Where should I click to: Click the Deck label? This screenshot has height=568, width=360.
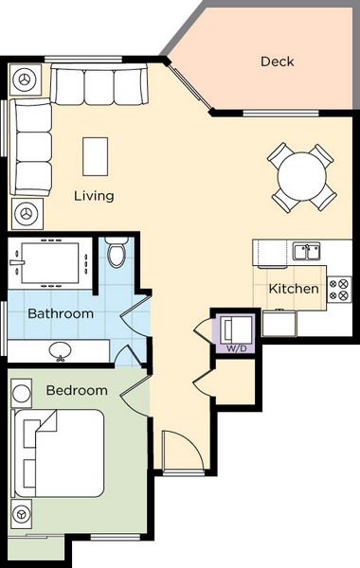(277, 62)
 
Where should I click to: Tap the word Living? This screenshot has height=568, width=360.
(94, 196)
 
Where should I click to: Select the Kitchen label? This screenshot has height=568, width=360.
(294, 289)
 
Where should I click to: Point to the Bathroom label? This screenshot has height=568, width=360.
(61, 313)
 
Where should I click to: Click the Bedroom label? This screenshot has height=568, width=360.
(77, 390)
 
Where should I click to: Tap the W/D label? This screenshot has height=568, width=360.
(237, 348)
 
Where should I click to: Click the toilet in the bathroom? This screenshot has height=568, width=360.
(117, 253)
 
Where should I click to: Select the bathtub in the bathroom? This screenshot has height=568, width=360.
(50, 263)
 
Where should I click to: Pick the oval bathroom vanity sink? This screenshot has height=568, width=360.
(61, 350)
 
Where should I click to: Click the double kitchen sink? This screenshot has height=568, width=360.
(306, 252)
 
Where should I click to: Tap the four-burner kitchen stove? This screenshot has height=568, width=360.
(339, 290)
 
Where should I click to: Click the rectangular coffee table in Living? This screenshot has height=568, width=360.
(95, 156)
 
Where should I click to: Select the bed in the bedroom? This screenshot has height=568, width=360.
(58, 453)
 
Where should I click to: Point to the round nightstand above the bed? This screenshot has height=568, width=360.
(22, 394)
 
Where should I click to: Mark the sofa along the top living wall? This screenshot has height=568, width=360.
(99, 84)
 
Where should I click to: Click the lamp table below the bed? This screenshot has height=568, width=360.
(21, 514)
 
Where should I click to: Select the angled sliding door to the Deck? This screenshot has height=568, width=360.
(189, 86)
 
